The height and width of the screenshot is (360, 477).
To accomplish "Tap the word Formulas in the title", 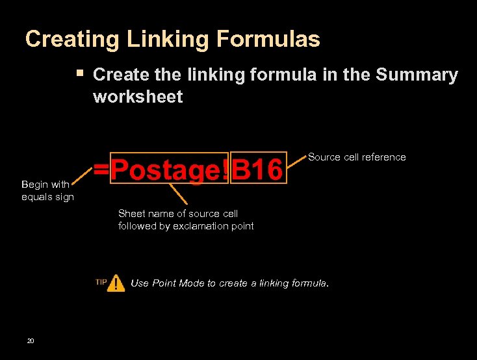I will (x=268, y=40).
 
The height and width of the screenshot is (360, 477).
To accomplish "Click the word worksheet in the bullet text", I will (x=138, y=97).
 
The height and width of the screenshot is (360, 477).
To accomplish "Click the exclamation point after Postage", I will (x=226, y=170).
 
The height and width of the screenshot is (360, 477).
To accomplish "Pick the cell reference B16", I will (x=258, y=170).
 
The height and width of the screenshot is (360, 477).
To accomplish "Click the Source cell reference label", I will (x=357, y=157).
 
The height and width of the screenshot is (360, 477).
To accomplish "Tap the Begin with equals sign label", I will (x=47, y=190).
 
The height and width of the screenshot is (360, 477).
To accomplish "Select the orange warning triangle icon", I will (x=116, y=283).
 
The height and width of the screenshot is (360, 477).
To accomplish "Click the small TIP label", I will (x=101, y=282).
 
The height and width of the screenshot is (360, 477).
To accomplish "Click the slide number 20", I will (x=31, y=341).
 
